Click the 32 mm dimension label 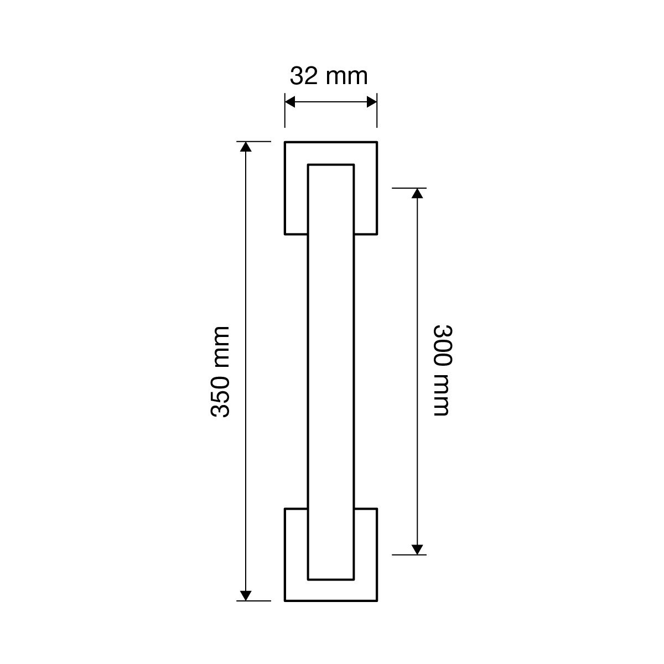coord(329,76)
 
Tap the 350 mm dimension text coord(220,372)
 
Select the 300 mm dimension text coord(442,370)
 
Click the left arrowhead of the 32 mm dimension coord(290,102)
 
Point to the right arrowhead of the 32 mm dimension coord(372,102)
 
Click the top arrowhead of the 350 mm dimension coord(245,147)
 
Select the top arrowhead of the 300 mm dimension coord(417,193)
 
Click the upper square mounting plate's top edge coord(331,142)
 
